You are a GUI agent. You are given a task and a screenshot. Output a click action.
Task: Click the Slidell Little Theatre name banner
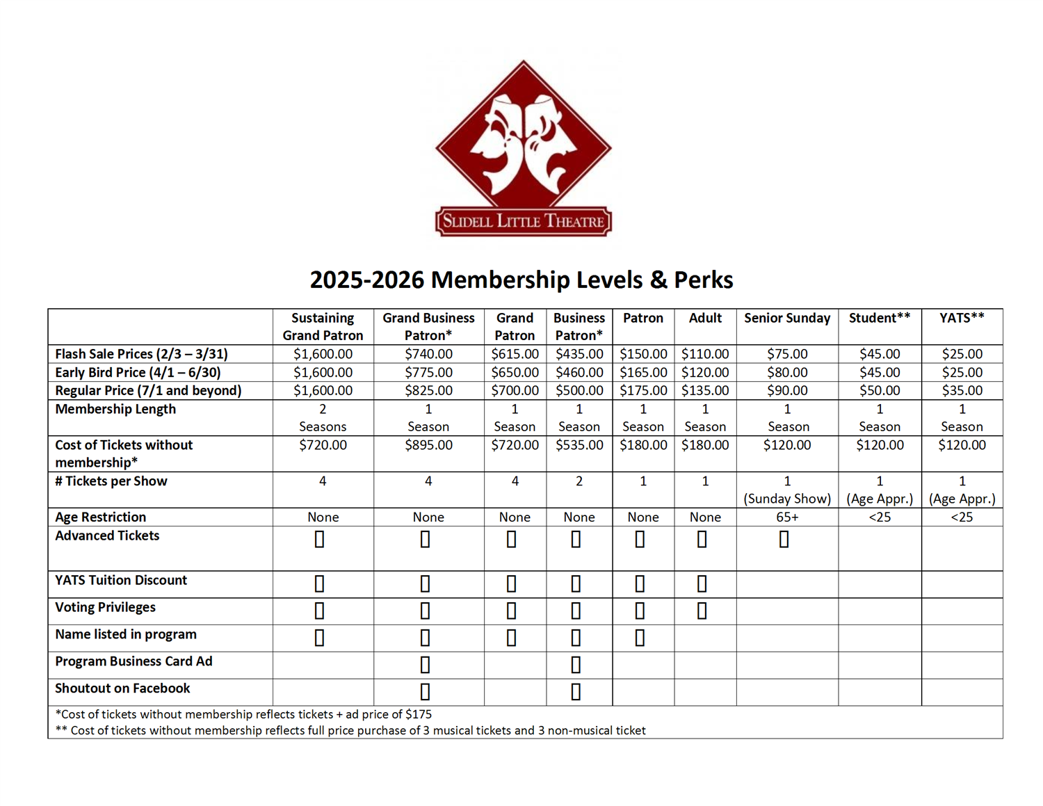point(523,222)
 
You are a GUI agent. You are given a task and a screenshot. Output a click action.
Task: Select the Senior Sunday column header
point(787,318)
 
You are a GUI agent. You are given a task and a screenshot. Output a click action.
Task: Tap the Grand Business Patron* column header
point(428,326)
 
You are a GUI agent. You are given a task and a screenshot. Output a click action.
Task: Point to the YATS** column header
point(962,318)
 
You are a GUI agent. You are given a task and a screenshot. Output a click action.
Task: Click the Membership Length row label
point(115,409)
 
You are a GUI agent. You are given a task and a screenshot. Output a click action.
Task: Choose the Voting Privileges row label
point(105,607)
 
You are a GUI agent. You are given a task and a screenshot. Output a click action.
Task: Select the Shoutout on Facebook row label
point(122,688)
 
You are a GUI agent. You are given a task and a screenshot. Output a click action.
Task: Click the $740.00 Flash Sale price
point(428,354)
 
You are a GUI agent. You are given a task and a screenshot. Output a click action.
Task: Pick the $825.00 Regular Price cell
point(428,391)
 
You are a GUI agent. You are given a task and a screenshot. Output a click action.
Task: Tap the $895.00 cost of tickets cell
point(428,445)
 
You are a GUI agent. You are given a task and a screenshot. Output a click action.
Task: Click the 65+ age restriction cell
point(787,517)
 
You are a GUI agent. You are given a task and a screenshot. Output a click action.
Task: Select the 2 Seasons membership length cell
point(323,418)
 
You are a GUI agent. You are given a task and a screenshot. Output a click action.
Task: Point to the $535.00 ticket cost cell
point(579,445)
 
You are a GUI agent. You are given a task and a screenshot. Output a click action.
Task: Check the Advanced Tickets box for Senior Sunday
point(784,540)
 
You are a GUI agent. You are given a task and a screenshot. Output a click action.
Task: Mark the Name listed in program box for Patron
point(640,638)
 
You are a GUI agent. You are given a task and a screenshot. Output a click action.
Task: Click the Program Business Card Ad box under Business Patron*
point(576,665)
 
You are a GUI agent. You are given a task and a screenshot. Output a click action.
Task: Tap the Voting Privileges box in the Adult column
point(702,611)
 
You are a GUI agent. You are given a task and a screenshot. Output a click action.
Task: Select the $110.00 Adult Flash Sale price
point(705,354)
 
